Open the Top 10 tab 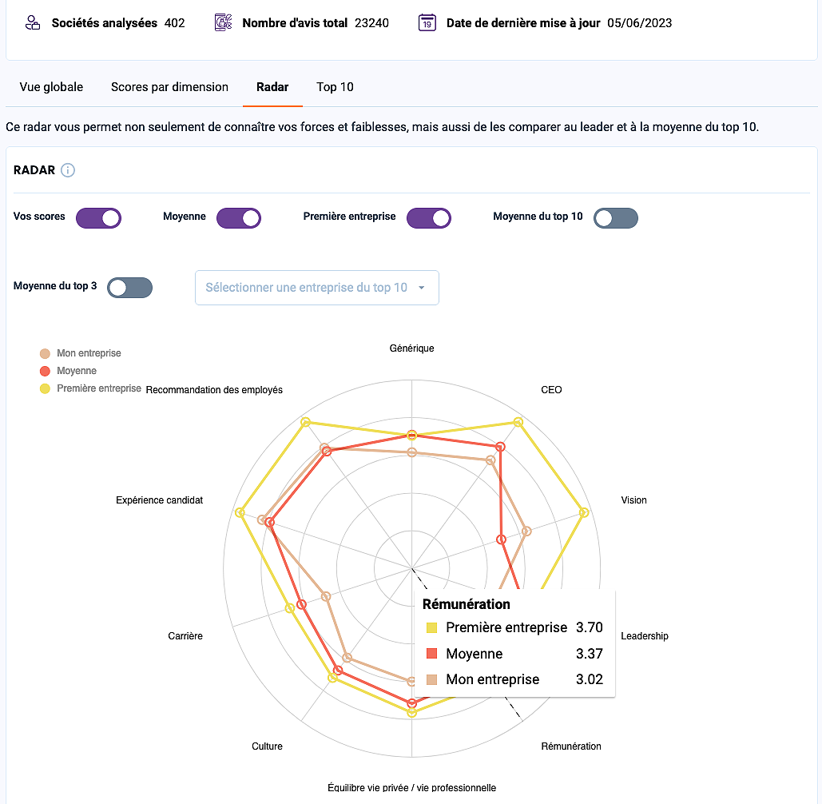point(335,87)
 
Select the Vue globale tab point(51,87)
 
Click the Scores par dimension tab point(169,87)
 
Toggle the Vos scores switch point(98,218)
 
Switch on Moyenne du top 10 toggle point(616,218)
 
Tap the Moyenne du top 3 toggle point(130,288)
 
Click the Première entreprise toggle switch point(429,218)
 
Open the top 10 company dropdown point(316,288)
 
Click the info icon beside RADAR point(68,170)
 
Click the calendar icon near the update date point(427,23)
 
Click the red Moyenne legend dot point(45,372)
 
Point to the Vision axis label point(633,500)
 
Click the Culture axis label point(267,746)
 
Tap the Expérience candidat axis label point(160,500)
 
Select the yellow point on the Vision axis point(584,512)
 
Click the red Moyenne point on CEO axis point(500,447)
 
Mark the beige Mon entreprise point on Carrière point(326,596)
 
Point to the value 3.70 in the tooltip point(590,627)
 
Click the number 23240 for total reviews point(371,23)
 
